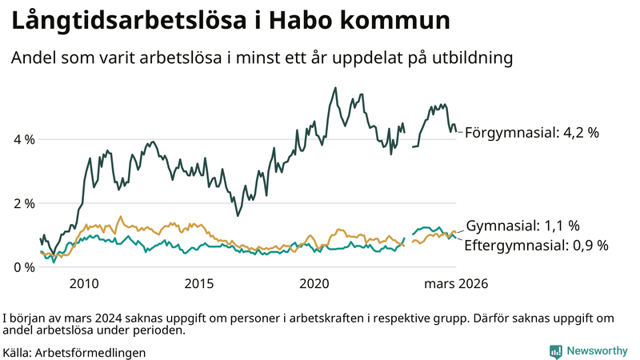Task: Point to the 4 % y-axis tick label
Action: [x=23, y=139]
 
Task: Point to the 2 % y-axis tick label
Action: [x=23, y=203]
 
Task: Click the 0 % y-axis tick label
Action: [x=23, y=266]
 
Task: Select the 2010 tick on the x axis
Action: [x=84, y=283]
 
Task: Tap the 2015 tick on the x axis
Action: [x=199, y=283]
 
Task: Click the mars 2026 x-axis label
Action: [x=456, y=283]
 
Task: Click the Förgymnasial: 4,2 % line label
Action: [x=531, y=133]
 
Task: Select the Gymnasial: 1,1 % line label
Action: [x=522, y=226]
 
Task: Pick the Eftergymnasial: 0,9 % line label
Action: [x=536, y=245]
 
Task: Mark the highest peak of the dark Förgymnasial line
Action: [x=335, y=87]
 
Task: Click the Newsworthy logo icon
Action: [x=555, y=351]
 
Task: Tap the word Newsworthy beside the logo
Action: [x=597, y=351]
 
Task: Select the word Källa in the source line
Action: [x=17, y=352]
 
